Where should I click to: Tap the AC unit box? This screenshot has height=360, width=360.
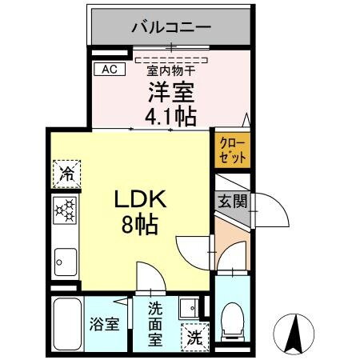(110, 69)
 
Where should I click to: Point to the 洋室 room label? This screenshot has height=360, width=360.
(170, 92)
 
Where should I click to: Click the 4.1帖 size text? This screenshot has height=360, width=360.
(170, 117)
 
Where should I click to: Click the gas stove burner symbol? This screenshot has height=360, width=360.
(66, 210)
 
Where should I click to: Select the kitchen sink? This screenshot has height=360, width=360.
(66, 260)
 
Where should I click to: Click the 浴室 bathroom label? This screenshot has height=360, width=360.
(106, 326)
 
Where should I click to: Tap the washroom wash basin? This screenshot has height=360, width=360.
(190, 307)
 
